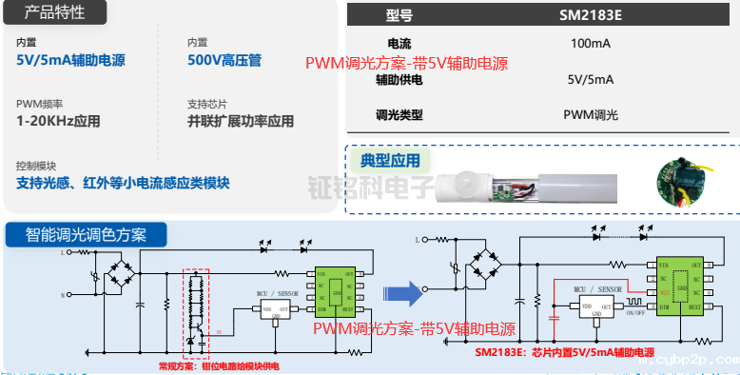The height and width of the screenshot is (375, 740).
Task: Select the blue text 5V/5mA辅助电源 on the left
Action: click(x=70, y=61)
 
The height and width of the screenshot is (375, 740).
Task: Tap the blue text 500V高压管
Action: click(x=224, y=61)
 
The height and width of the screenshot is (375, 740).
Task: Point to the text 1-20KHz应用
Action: click(x=58, y=121)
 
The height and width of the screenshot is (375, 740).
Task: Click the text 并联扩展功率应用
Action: click(x=241, y=121)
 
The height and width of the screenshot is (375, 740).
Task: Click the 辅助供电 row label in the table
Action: click(x=399, y=80)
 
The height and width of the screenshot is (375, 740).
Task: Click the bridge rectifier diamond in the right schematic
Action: click(x=489, y=260)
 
